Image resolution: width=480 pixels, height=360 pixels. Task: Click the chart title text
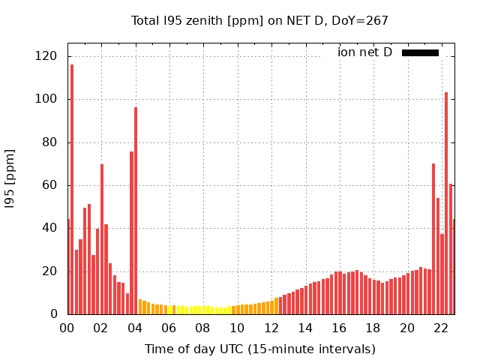[x=259, y=20]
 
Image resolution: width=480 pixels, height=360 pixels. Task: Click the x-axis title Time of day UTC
[x=259, y=349]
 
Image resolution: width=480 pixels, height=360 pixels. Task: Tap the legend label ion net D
[x=364, y=52]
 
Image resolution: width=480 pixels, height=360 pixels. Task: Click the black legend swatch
[x=420, y=52]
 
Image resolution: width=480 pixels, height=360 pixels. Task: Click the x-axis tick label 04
[x=135, y=328]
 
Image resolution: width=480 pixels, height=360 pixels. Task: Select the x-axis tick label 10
[x=237, y=328]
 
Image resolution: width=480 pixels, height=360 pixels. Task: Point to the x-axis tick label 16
[x=339, y=328]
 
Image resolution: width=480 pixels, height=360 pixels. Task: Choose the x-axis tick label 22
[x=441, y=328]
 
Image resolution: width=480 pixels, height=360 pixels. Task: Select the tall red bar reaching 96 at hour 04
[x=136, y=210]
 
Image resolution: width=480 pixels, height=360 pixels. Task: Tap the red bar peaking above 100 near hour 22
[x=446, y=202]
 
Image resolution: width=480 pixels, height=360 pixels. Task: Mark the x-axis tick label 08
[x=203, y=328]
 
